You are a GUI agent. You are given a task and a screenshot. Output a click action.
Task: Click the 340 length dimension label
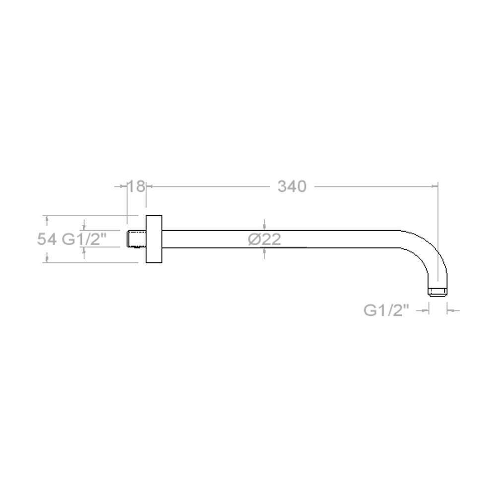pos(292,186)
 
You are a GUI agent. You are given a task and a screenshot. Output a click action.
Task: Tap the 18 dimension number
pos(136,186)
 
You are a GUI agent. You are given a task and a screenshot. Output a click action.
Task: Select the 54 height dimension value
pos(47,239)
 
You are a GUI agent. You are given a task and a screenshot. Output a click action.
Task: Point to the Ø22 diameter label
pos(264,239)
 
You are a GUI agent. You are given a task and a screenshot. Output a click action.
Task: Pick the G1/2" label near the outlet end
pos(386,310)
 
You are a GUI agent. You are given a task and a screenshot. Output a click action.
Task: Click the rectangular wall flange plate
pos(154,239)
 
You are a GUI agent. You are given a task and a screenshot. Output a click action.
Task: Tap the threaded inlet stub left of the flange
pos(137,239)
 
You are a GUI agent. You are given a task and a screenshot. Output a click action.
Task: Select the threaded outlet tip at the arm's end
pos(438,292)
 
